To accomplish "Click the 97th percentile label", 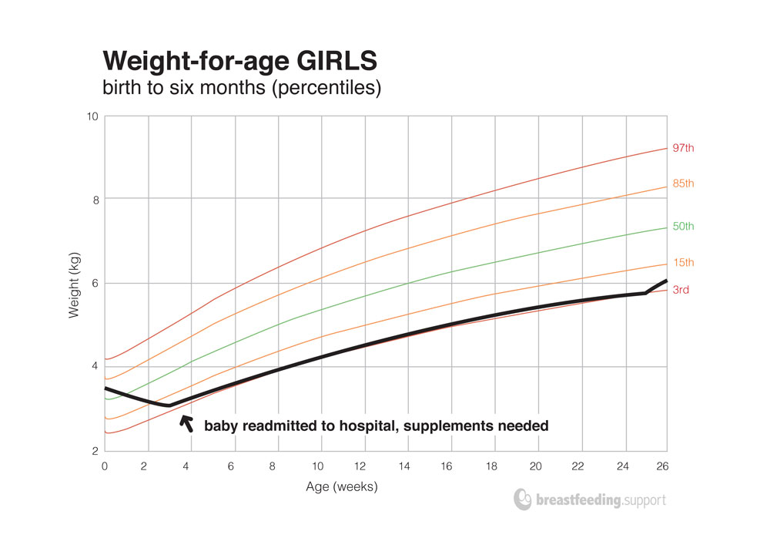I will click(684, 147).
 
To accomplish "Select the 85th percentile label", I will click(684, 183).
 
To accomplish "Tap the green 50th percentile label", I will click(684, 227).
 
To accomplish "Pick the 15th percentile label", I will click(684, 263).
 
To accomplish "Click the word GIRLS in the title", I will click(333, 61).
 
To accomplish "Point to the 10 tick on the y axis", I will click(93, 116).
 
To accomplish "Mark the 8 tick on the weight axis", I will click(95, 200).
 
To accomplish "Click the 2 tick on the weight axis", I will click(95, 451).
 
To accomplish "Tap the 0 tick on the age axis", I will click(105, 466).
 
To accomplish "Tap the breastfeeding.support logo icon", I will click(522, 499).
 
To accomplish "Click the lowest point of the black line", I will click(169, 405).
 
